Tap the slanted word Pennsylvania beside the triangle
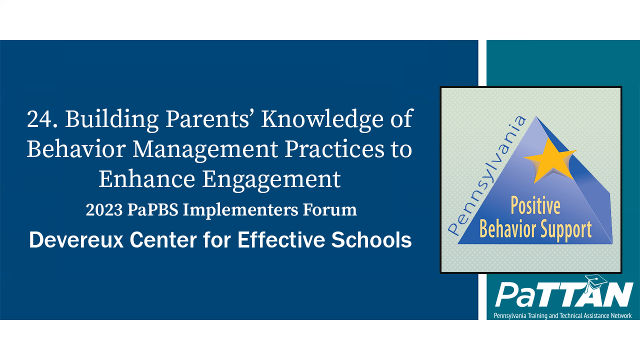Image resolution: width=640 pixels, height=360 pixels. coord(487,175)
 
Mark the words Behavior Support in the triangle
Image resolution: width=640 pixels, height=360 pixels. coord(535,229)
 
